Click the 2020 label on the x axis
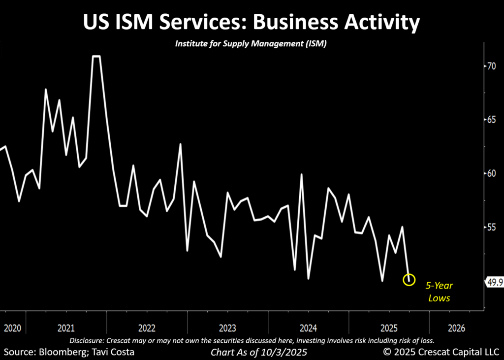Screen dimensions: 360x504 [13, 328]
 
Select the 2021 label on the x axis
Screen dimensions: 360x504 [66, 328]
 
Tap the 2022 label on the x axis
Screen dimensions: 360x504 [147, 328]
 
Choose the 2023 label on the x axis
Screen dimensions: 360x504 [228, 328]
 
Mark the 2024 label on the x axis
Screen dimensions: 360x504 [309, 328]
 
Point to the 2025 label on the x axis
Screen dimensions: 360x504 [389, 328]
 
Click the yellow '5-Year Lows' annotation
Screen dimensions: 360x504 [440, 292]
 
